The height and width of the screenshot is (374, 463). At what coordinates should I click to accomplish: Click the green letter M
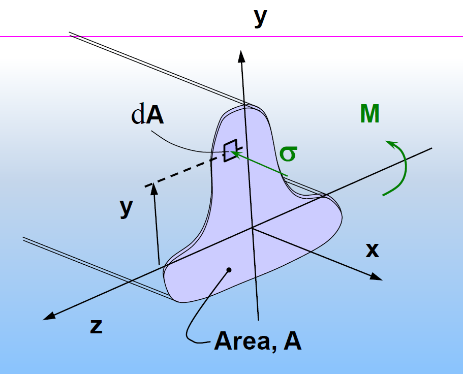point(369,115)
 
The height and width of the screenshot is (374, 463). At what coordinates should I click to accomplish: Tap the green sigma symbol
point(288,154)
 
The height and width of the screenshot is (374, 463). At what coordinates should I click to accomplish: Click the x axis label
point(373,250)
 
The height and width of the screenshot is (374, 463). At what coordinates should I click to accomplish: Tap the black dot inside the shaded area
point(229,270)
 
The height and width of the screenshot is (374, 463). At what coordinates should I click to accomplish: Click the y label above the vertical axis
point(260,17)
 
